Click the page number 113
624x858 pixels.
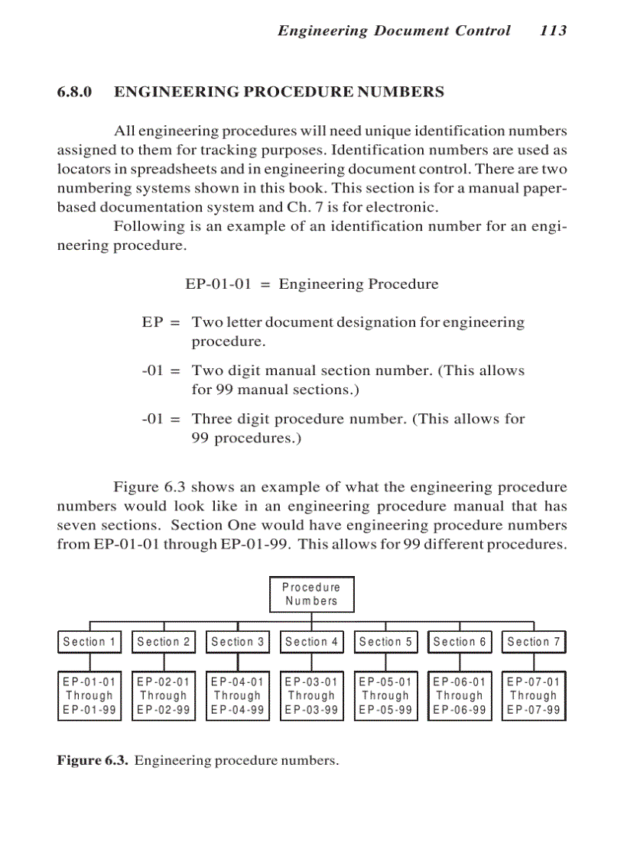(552, 31)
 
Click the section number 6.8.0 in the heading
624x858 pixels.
(75, 92)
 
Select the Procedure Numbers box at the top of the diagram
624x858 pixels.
(311, 594)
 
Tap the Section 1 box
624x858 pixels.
(89, 642)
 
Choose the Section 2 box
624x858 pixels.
(164, 642)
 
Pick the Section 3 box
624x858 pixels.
(238, 642)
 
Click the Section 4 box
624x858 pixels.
(311, 642)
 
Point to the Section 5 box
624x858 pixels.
(385, 642)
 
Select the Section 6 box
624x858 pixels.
(460, 642)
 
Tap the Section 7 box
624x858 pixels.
(534, 642)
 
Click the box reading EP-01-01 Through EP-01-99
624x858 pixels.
(89, 696)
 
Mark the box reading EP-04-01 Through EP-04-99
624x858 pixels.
(238, 696)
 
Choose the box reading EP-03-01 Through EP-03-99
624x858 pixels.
(311, 696)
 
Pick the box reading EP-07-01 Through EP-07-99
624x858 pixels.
(534, 696)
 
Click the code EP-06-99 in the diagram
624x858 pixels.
(460, 710)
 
